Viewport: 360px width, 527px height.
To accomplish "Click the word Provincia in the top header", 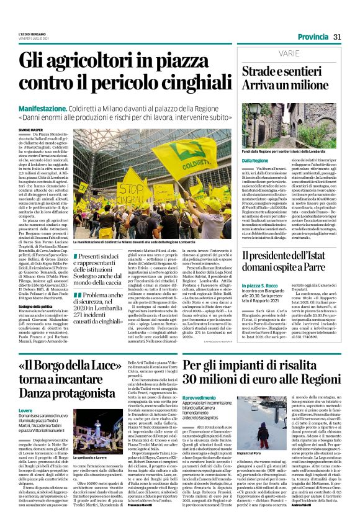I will (x=312, y=37).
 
